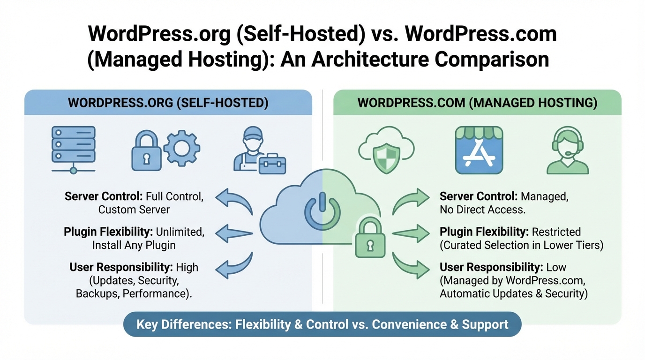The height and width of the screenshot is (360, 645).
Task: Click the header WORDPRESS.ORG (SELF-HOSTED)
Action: coord(168,103)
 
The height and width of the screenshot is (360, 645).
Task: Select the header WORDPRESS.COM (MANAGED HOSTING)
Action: coord(477,103)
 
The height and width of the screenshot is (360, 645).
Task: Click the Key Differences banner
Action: coord(322,324)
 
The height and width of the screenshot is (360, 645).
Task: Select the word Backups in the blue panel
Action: coord(96,294)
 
